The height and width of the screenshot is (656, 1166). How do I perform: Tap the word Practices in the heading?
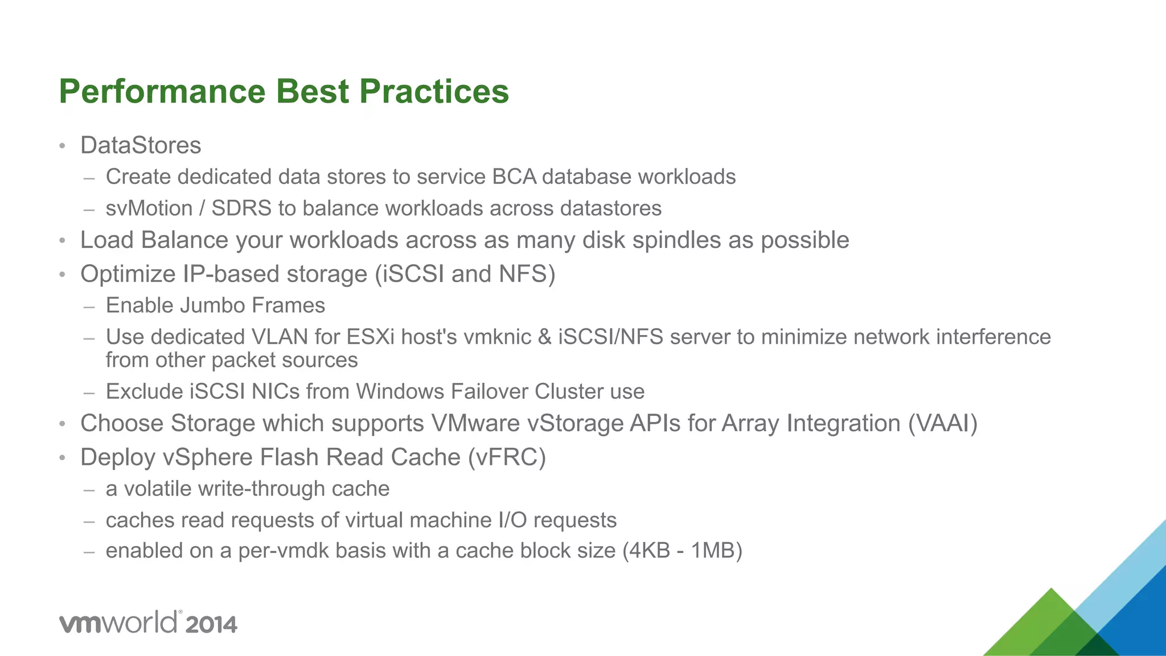[x=434, y=92]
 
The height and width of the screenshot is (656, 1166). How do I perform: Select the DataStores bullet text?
[x=141, y=146]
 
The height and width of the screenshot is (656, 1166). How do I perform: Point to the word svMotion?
[x=149, y=209]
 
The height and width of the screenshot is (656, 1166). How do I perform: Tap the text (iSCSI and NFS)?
[x=465, y=274]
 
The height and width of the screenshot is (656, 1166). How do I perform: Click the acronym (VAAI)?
[x=943, y=423]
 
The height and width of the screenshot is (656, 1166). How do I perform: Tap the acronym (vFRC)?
[x=507, y=457]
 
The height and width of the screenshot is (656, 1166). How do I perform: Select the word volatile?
[x=157, y=489]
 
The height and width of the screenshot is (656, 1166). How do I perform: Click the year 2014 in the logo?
[x=211, y=625]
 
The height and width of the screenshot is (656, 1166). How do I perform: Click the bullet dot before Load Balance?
[x=63, y=241]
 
